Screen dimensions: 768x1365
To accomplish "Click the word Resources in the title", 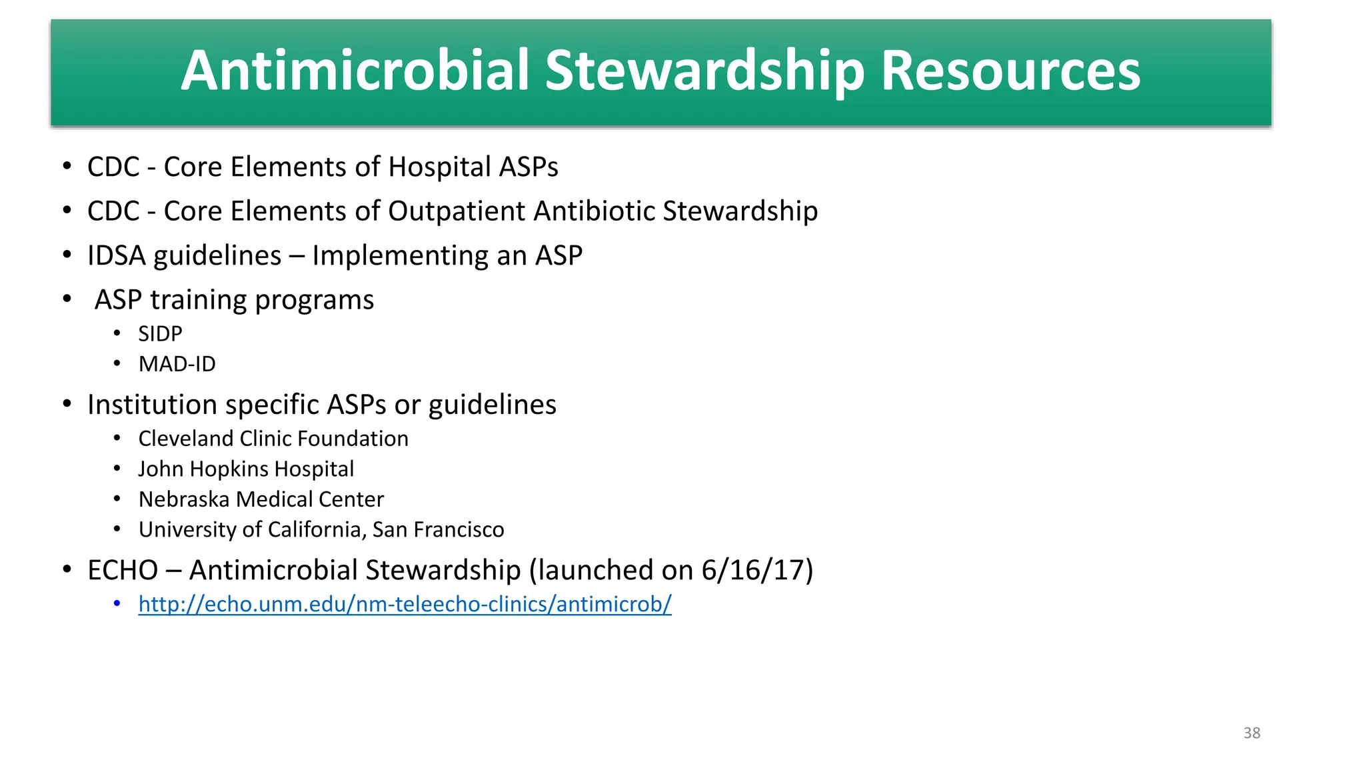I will [1010, 71].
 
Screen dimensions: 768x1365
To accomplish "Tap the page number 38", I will [1252, 733].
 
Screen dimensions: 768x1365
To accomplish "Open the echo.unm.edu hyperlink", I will [405, 604].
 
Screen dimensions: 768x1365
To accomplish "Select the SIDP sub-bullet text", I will [160, 333].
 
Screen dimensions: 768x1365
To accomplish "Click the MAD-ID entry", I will [177, 364].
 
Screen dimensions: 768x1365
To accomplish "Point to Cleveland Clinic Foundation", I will [273, 439].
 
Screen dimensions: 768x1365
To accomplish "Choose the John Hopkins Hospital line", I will [246, 469].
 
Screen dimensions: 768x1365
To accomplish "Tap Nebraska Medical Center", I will [261, 499].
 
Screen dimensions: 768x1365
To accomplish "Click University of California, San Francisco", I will [321, 529].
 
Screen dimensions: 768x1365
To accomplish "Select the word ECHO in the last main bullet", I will [123, 570].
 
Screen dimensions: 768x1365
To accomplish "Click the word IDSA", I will [116, 255].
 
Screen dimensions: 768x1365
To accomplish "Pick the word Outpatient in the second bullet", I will [457, 211].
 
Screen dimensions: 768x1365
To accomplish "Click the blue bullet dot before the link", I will [117, 604].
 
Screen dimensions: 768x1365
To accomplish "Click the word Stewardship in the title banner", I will [704, 71].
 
